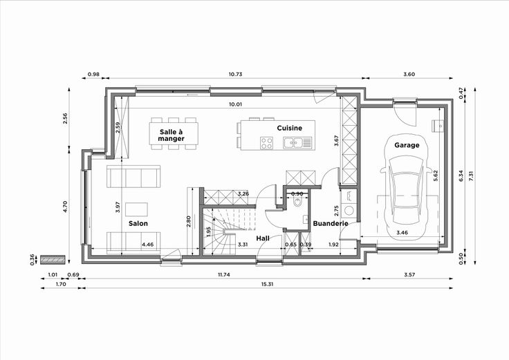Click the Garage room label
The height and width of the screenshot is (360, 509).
point(407,145)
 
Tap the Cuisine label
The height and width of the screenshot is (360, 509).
point(290,128)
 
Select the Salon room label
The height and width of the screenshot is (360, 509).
point(138,223)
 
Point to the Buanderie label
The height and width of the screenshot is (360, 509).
point(331,223)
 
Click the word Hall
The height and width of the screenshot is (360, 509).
point(263,238)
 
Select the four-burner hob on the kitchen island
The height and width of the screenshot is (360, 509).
point(266,143)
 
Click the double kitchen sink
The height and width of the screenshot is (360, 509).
point(297,143)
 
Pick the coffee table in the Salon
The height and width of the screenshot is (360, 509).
point(137,209)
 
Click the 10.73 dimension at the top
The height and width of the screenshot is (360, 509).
point(235,74)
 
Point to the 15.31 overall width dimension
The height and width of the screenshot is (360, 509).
point(268,284)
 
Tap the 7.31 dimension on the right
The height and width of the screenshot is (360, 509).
point(472,176)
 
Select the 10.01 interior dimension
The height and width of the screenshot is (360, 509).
point(235,104)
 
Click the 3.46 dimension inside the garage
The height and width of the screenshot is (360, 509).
point(402,232)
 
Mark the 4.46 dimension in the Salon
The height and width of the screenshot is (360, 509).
point(148,245)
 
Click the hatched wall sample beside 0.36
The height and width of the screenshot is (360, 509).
point(53,259)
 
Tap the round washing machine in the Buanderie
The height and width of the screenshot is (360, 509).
point(349,211)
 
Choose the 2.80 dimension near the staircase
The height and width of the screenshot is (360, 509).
point(189,221)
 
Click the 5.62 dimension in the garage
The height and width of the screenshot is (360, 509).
point(436,176)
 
